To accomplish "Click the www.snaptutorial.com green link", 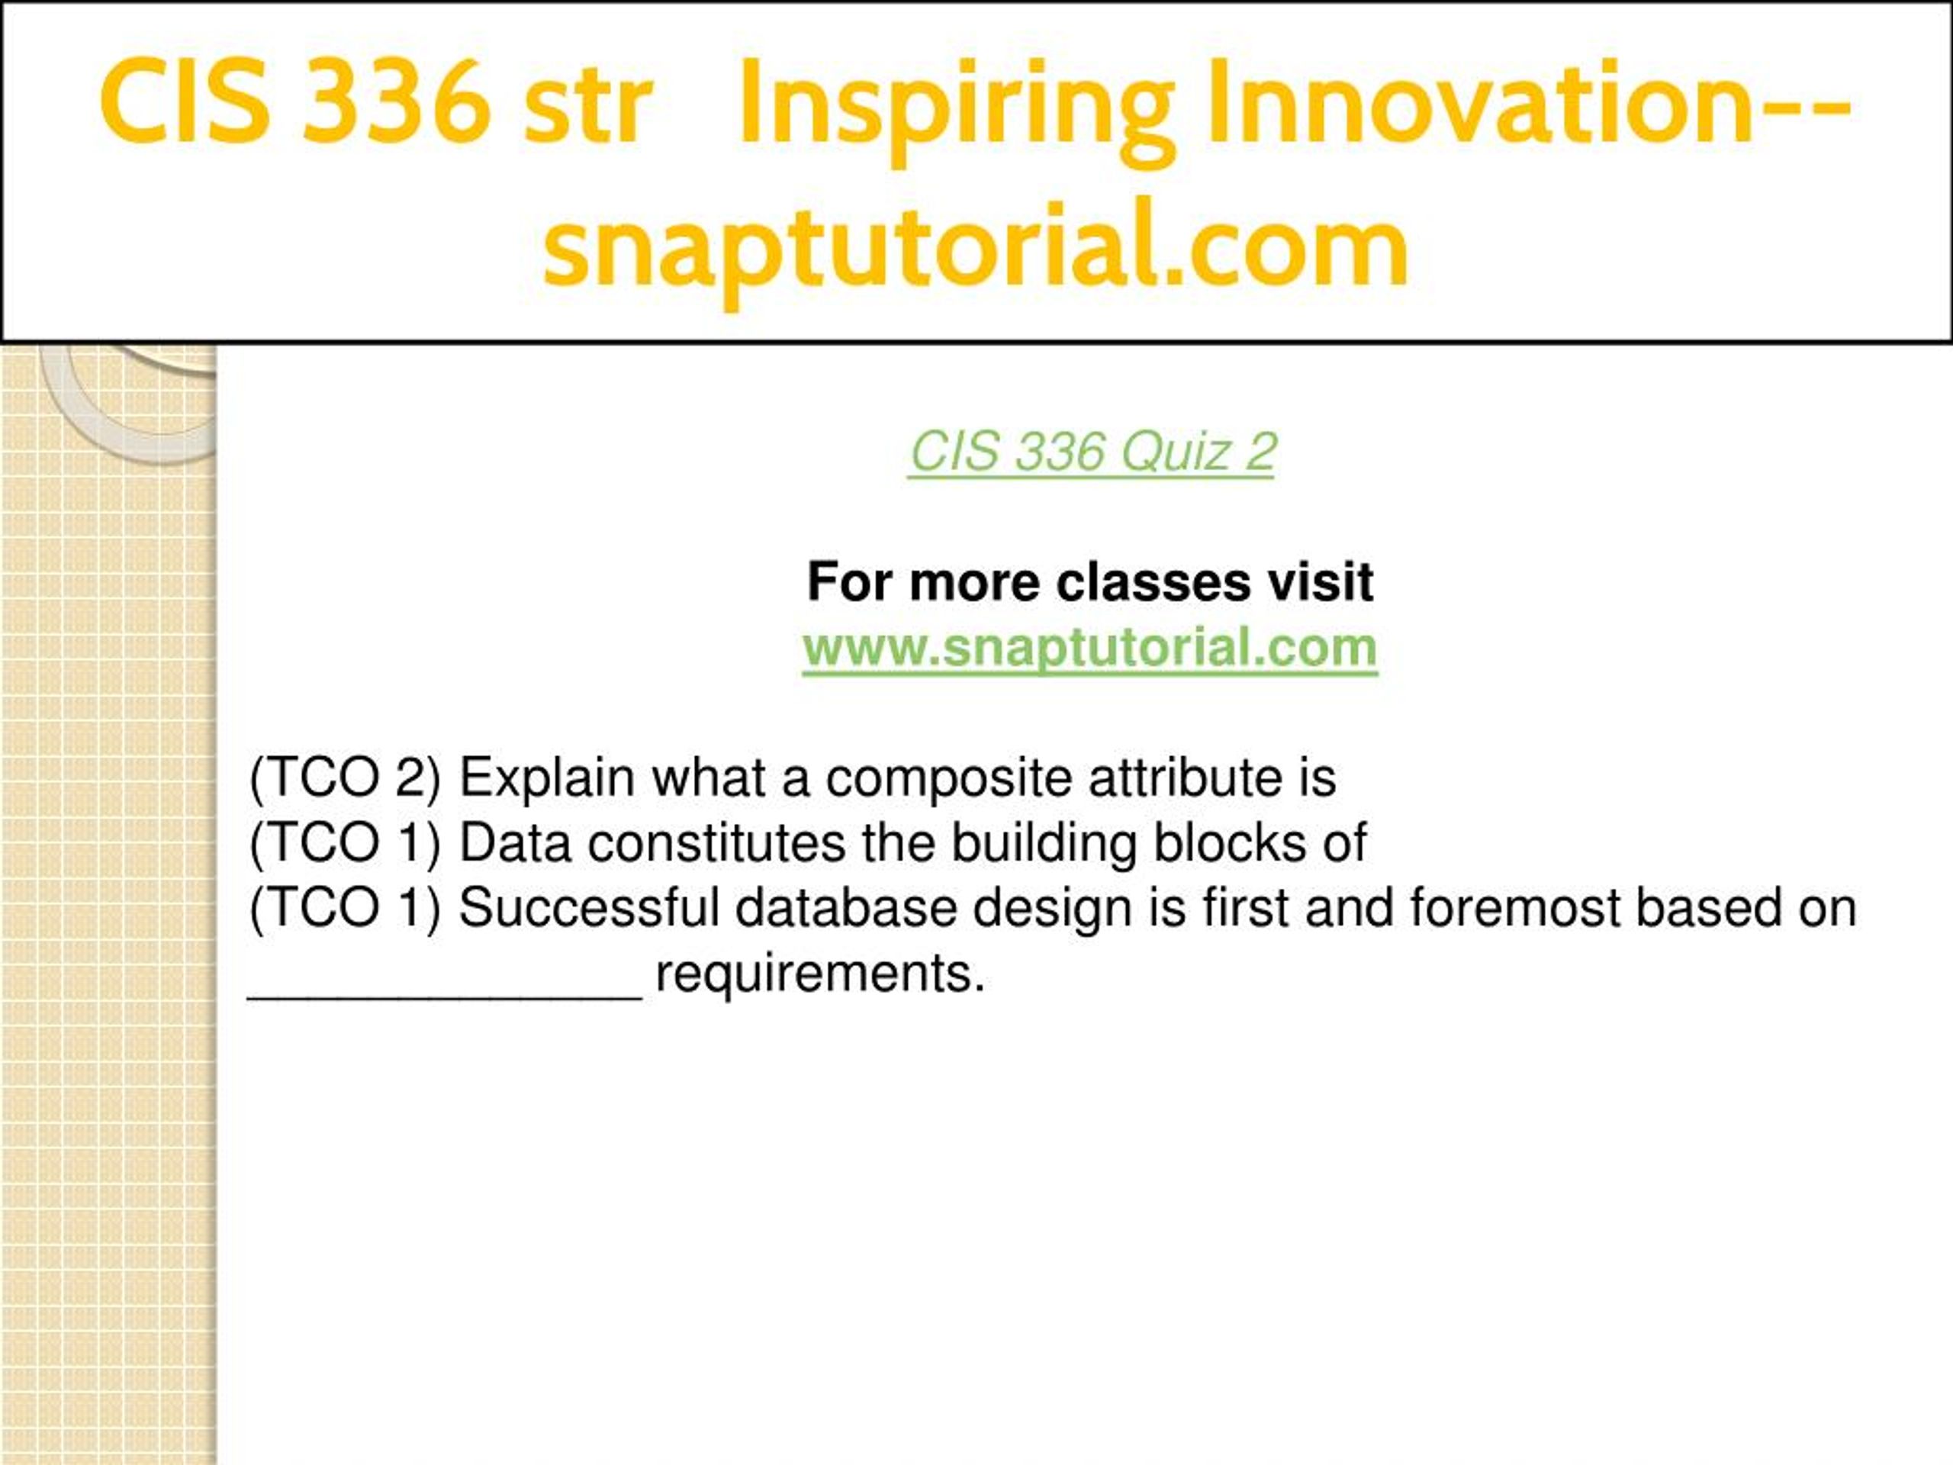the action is tap(1089, 649).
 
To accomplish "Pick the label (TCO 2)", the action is tap(346, 779).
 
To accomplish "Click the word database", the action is tap(846, 908).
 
